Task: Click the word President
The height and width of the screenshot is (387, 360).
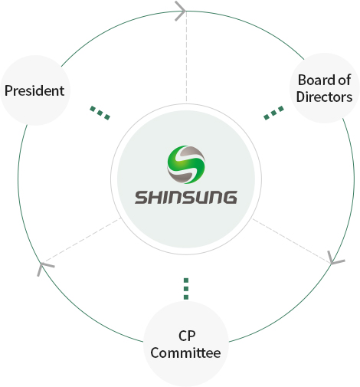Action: click(x=34, y=90)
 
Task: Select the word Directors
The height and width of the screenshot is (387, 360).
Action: click(x=324, y=97)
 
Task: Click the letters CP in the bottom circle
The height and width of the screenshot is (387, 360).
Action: click(x=187, y=336)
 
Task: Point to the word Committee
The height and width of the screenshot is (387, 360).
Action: click(x=185, y=353)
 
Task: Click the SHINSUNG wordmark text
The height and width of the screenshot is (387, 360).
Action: click(x=186, y=198)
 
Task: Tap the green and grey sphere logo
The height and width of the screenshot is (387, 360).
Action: click(x=186, y=165)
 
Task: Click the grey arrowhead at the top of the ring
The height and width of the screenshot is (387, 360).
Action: click(x=180, y=11)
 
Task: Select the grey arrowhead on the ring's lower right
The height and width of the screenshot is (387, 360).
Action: click(x=335, y=258)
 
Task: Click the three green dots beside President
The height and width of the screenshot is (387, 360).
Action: click(x=100, y=113)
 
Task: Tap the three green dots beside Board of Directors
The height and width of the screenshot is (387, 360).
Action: click(x=273, y=113)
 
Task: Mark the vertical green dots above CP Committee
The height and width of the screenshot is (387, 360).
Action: click(x=186, y=289)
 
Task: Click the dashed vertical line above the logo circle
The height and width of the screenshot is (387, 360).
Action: click(x=186, y=56)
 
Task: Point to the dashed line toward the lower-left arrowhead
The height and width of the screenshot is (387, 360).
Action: click(x=81, y=240)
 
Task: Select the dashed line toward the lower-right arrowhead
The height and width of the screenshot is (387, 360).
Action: click(x=291, y=241)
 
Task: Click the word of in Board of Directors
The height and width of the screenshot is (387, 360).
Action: click(x=345, y=80)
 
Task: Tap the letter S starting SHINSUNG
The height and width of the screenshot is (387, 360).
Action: click(x=141, y=198)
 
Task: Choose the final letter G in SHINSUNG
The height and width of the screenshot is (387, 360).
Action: click(x=230, y=198)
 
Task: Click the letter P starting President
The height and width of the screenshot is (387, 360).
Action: click(x=8, y=90)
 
